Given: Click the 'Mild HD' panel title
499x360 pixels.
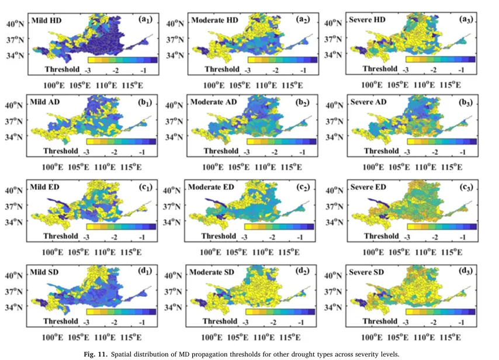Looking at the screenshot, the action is pos(47,20).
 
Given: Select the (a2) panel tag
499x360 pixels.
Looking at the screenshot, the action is pos(302,20).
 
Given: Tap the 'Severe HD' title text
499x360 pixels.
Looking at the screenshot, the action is pos(367,20).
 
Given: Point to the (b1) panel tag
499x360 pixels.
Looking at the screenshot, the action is pos(145,102).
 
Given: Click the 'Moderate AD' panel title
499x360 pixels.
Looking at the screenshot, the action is pos(213,102).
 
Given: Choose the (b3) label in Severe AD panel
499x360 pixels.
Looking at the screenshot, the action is pos(466,102).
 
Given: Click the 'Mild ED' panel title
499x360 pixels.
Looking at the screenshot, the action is pos(44,187).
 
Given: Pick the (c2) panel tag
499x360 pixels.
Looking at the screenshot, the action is pos(303,187).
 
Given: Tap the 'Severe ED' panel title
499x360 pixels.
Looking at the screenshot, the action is pos(368,187).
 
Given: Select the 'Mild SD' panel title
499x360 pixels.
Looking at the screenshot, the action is pos(44,272).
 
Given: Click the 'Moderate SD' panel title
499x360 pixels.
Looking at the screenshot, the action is pos(212,272).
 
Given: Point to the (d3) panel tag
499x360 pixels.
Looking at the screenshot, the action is pos(466,271).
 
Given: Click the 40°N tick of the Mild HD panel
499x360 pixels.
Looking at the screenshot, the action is pos(15,24).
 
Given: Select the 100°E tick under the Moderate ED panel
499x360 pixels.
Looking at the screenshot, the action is pos(210,252).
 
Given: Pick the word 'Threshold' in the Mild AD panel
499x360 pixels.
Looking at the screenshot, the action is pos(61,151).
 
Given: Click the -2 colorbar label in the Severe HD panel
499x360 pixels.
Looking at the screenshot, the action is pos(434,70).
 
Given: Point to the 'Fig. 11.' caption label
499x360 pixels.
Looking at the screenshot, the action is pos(95,354).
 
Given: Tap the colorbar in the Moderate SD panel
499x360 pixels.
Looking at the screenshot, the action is pos(280,311).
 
